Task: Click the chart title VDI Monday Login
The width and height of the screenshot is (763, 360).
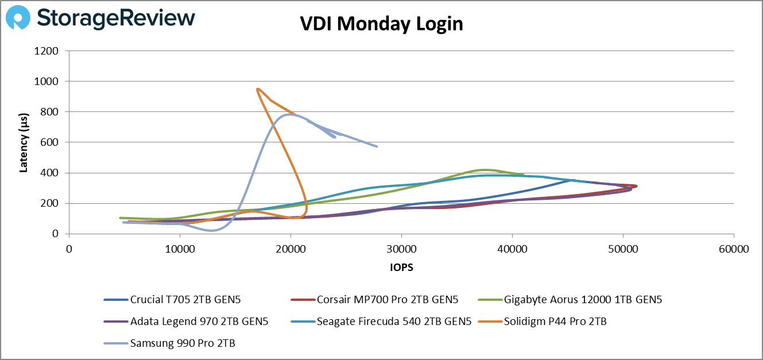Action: coord(381,24)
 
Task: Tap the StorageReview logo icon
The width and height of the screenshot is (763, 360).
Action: coord(18,18)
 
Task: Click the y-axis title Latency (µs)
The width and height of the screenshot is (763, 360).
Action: coord(24,142)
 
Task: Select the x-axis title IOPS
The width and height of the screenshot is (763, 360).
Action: coord(401,268)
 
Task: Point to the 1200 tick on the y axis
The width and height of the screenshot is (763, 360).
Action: coord(47,51)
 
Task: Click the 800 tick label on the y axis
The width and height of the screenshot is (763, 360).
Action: coord(50,112)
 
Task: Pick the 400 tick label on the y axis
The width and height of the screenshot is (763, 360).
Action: coord(50,173)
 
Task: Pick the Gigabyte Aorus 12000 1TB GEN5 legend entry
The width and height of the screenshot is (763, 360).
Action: coord(586,299)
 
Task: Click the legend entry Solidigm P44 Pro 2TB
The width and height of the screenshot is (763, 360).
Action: coord(555,322)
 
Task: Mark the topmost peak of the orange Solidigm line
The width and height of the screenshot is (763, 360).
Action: coord(257,88)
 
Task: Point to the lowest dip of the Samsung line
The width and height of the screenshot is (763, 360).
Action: coord(212,230)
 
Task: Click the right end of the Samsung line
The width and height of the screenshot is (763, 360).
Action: coord(377,146)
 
